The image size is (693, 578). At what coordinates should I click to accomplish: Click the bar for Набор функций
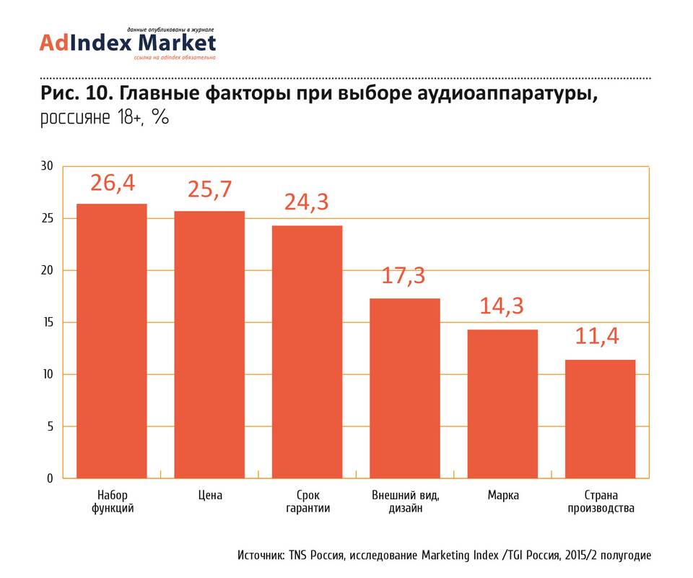pos(112,341)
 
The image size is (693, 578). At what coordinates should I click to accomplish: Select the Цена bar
pos(209,345)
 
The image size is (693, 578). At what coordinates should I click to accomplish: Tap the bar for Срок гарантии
pos(307,352)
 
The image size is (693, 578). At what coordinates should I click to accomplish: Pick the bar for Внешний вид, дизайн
pos(405,388)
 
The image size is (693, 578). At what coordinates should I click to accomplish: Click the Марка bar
pos(502,404)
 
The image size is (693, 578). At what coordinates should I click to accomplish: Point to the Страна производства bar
pos(600,419)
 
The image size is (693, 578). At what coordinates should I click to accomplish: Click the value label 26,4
pos(113,184)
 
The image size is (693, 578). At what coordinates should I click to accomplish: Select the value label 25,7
pos(209,190)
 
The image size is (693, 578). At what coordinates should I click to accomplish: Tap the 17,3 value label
pos(405,277)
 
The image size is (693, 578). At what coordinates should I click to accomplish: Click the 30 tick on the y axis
pos(48,166)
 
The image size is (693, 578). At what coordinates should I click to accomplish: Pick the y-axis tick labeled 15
pos(48,322)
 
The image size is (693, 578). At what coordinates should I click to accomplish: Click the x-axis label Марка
pos(502,496)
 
